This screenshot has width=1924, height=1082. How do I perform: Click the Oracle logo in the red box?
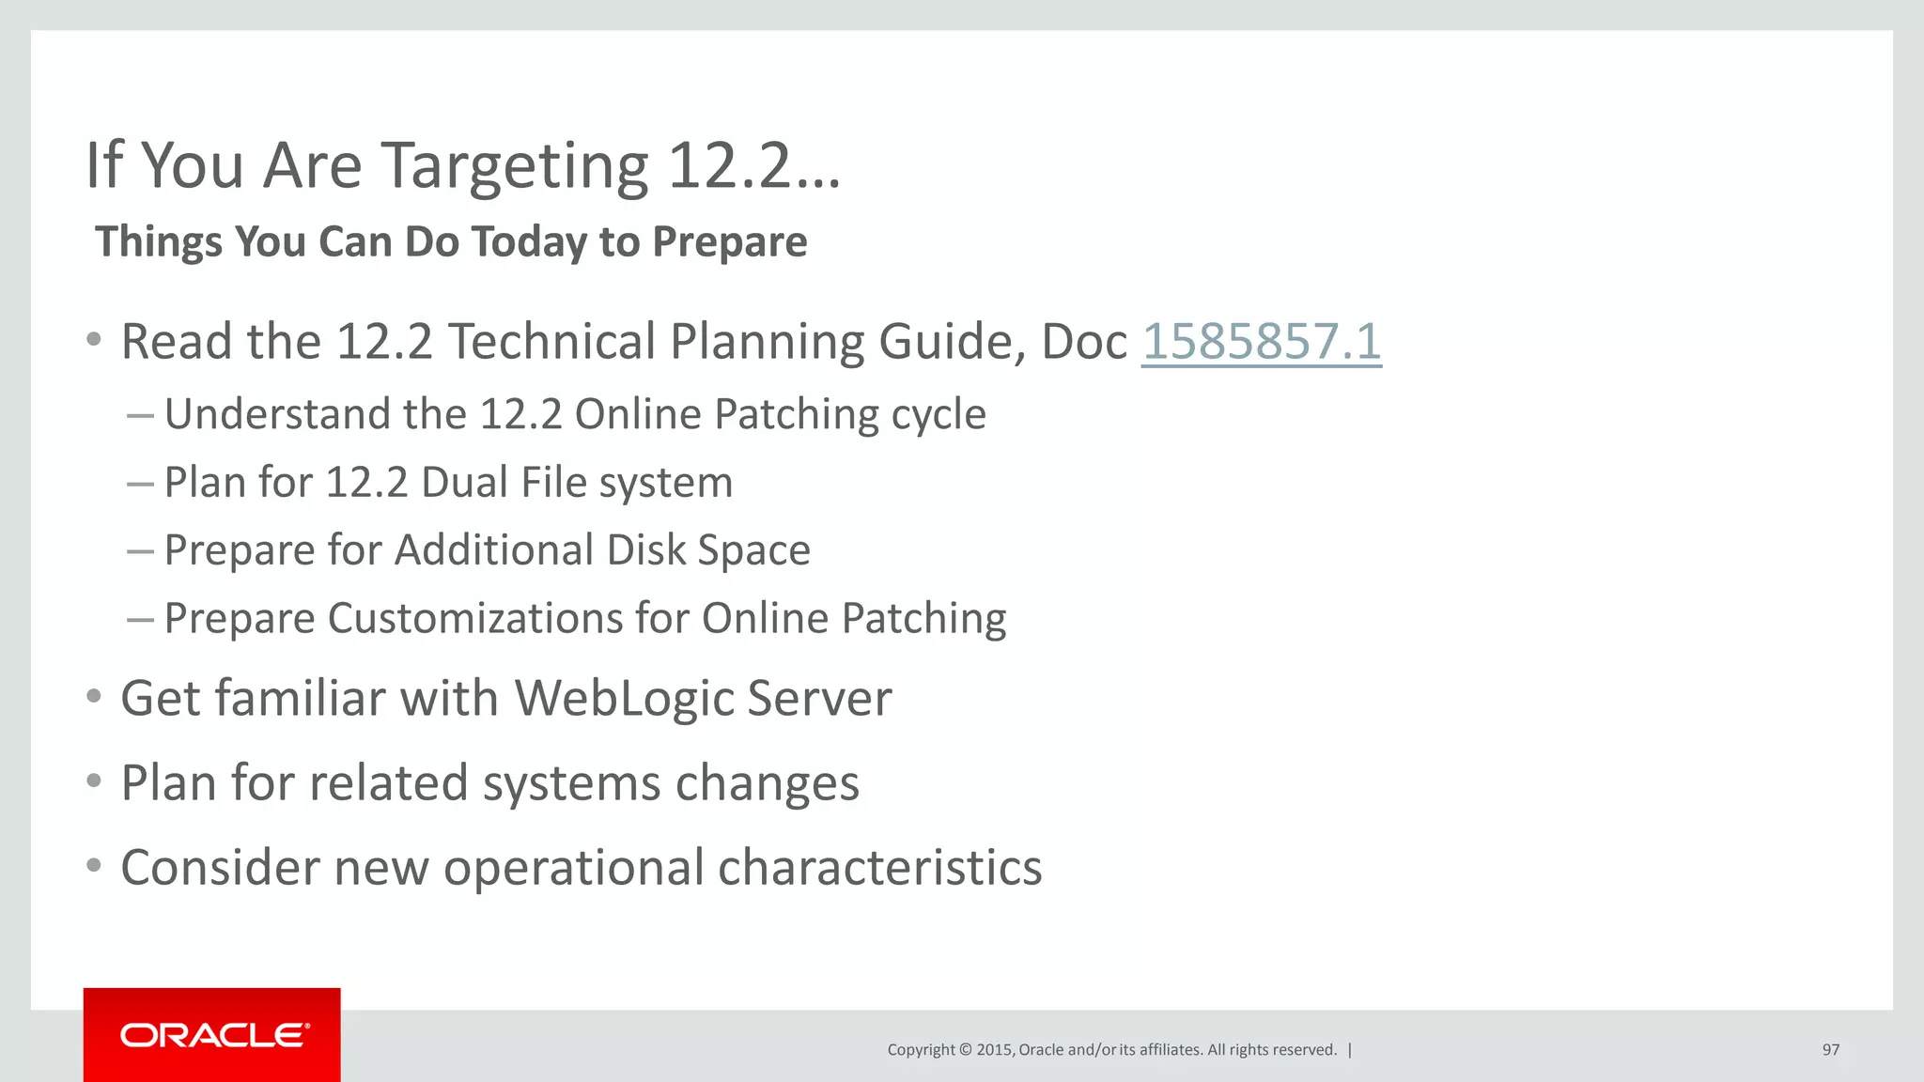pos(213,1035)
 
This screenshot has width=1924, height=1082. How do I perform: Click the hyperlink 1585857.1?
pos(1261,341)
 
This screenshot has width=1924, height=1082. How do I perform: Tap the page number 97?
pos(1830,1050)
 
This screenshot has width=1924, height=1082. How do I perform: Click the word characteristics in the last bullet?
pos(879,867)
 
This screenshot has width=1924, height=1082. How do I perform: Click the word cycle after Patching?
pos(938,415)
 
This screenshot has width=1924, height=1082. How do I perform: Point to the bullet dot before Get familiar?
pos(93,698)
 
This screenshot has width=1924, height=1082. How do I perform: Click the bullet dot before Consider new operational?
pos(93,866)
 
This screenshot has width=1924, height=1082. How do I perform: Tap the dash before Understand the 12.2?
pos(140,415)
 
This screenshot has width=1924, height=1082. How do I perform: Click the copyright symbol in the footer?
pos(965,1050)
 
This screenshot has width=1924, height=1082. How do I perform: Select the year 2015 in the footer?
pos(994,1050)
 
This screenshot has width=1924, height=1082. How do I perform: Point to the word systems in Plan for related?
pos(571,783)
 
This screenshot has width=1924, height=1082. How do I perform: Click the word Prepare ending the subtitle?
pos(729,242)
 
